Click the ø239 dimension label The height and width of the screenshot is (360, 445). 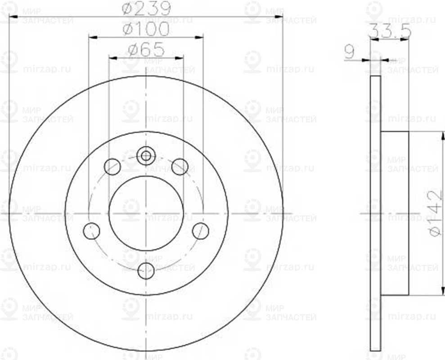pos(146,9)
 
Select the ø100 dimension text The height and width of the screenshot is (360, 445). pos(146,30)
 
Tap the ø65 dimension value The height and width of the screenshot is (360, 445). pos(146,50)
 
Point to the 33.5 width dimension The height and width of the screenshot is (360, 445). pos(383,32)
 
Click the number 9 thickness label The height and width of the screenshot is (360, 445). pos(348,53)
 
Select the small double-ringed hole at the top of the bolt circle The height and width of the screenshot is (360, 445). pos(146,156)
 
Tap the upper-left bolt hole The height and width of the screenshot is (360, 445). pos(112,166)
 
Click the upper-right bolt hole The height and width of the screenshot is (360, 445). pos(180,166)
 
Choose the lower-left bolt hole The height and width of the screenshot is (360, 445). pos(92,231)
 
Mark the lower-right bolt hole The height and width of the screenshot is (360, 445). pos(200,231)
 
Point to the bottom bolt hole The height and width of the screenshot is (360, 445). pos(146,270)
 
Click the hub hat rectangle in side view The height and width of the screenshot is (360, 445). pos(395,213)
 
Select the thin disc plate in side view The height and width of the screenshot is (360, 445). pos(376,213)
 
